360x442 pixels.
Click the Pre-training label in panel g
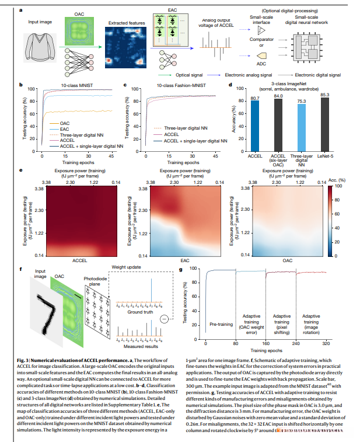click(220, 323)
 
